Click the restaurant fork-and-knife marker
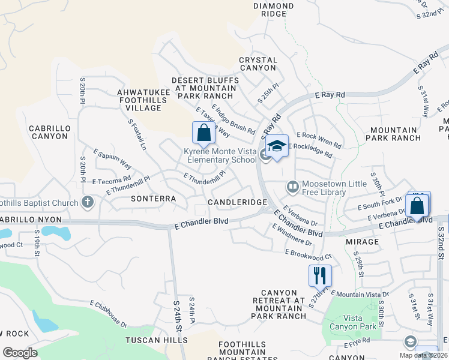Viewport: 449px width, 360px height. (x=320, y=275)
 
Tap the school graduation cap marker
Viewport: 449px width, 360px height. (x=277, y=146)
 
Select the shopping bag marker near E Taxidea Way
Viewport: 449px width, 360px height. (x=203, y=133)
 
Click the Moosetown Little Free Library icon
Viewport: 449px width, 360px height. (x=293, y=187)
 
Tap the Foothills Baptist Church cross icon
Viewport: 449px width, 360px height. (x=88, y=203)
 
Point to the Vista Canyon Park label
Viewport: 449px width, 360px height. (x=360, y=322)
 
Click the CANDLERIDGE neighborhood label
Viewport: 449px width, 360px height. (x=237, y=203)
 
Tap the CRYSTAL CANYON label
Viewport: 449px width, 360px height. (x=258, y=64)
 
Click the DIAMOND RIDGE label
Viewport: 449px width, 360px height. (x=274, y=10)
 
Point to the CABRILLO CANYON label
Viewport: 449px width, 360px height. (x=49, y=132)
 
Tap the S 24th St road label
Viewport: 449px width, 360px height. (x=178, y=318)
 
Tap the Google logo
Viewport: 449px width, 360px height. (x=20, y=352)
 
